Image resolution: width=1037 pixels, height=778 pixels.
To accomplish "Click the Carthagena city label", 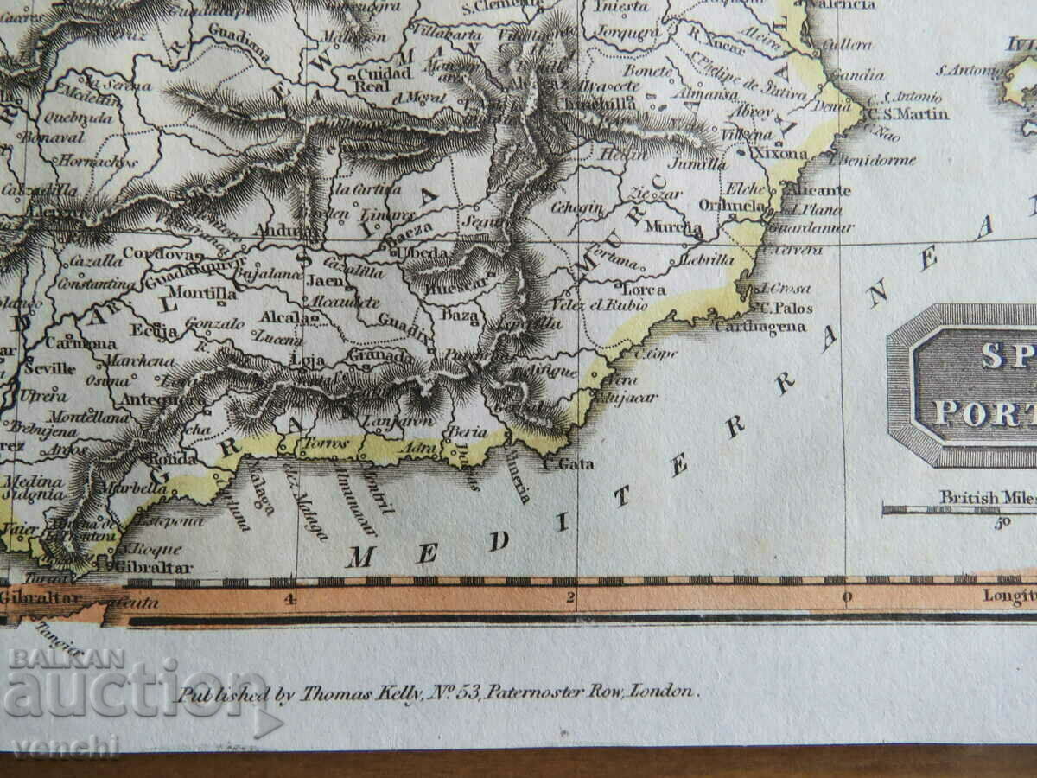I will pyautogui.click(x=760, y=327).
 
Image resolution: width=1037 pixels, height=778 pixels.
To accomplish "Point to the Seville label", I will pyautogui.click(x=50, y=367).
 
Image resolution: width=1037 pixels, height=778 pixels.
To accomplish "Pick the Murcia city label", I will pyautogui.click(x=685, y=227).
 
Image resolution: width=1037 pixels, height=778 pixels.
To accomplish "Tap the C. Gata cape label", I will pyautogui.click(x=569, y=464).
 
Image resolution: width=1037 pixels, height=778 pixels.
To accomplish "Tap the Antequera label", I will pyautogui.click(x=151, y=399).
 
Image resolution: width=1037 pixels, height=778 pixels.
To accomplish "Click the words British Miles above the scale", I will pyautogui.click(x=985, y=497).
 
